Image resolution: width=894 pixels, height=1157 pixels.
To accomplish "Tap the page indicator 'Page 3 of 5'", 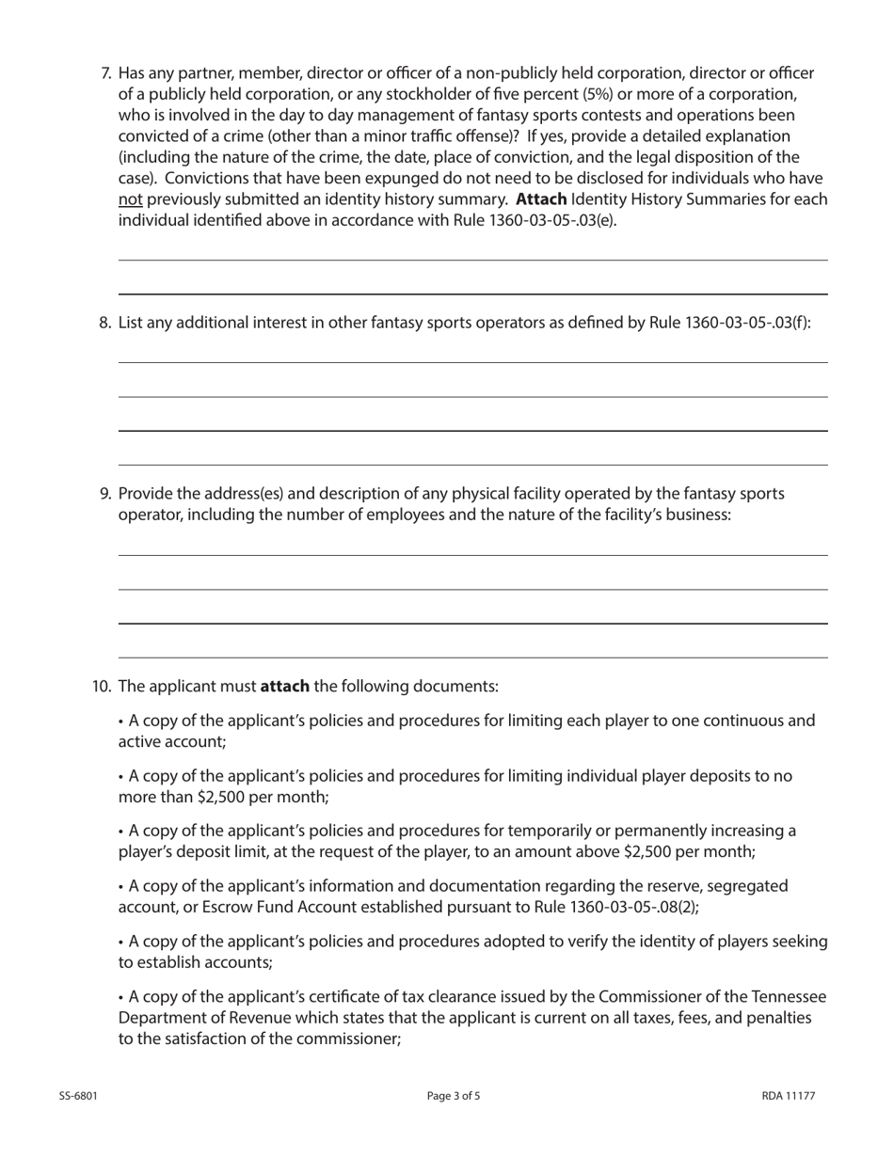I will point(454,1096).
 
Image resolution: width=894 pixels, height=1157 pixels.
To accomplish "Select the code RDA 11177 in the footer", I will point(789,1096).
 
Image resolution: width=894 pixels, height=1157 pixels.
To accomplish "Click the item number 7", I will point(105,73).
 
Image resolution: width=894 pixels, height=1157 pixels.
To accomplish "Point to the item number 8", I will point(105,323).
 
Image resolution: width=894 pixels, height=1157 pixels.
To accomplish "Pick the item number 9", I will point(105,494).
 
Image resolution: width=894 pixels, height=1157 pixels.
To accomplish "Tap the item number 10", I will point(102,687).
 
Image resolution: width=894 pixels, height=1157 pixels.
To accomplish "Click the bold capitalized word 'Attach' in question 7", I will point(541,199).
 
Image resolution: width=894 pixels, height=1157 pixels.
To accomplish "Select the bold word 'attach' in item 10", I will point(284,687).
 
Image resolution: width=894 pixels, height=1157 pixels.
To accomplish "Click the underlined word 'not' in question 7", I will point(131,199).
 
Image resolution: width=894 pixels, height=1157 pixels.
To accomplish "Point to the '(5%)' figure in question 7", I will point(600,94).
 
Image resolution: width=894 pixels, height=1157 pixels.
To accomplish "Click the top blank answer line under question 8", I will point(472,361).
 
